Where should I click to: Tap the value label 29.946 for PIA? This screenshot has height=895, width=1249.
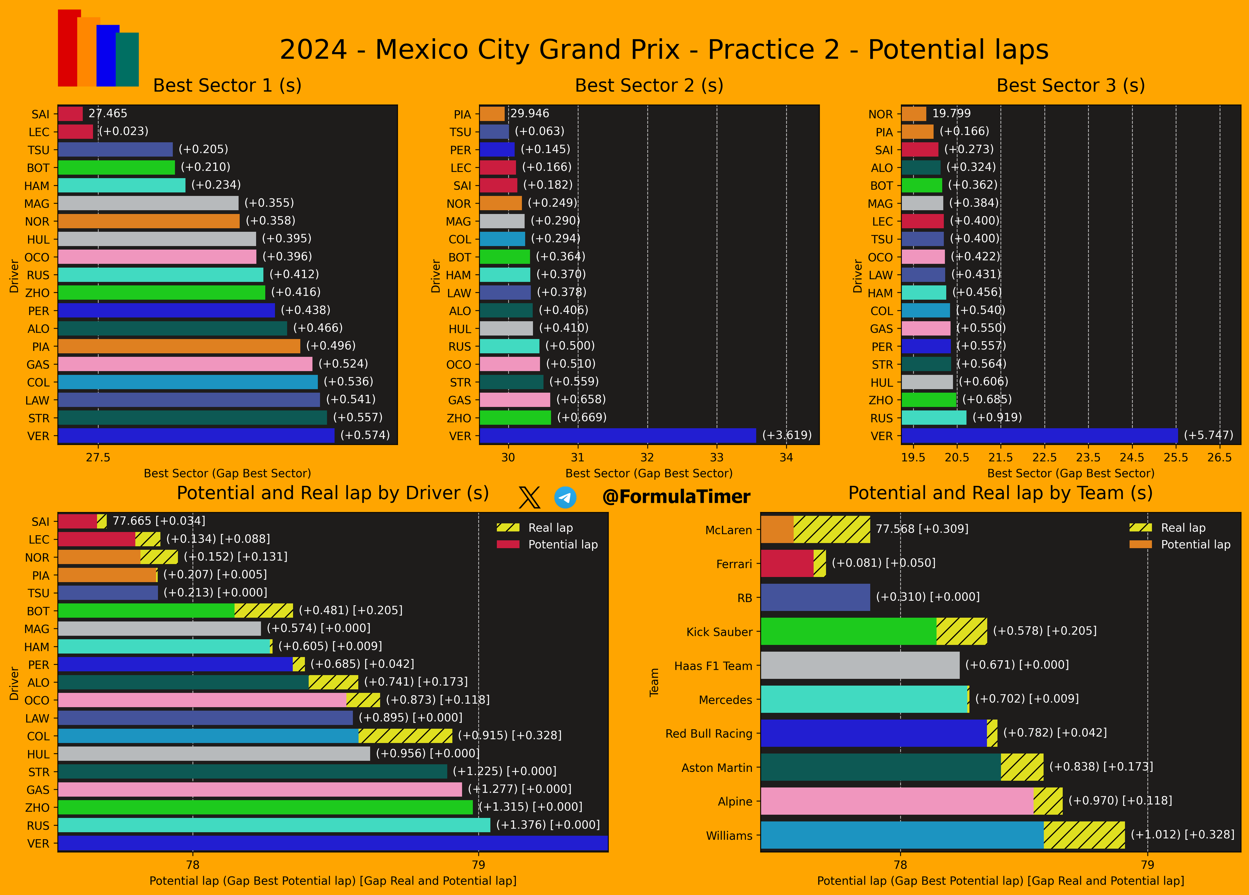point(529,113)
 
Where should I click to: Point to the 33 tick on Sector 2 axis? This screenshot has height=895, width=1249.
point(717,458)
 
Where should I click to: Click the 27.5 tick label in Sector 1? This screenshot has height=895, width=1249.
point(98,458)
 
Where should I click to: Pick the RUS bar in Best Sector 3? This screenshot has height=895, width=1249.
point(933,418)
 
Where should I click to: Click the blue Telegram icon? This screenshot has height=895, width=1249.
point(565,497)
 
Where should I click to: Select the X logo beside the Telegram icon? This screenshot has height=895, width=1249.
point(529,497)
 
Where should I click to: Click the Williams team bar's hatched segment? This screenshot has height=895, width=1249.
point(1084,835)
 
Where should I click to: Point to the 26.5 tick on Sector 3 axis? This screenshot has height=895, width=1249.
point(1219,458)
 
